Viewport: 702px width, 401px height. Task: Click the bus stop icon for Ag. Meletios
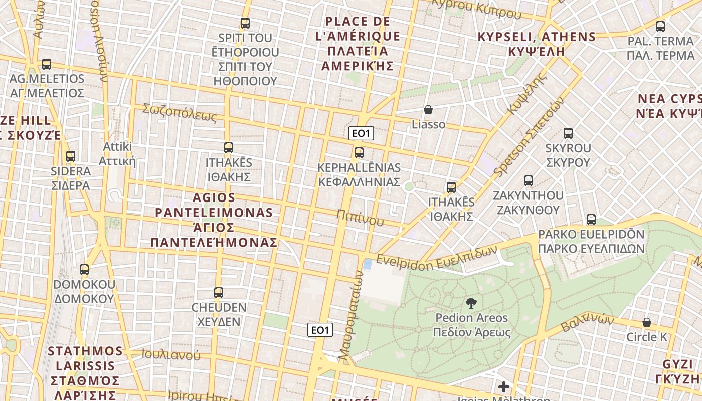[x=47, y=64]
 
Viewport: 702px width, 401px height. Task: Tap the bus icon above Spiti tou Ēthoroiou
[x=245, y=23]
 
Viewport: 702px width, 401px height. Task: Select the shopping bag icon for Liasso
[x=428, y=110]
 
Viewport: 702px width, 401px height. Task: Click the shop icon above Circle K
[x=647, y=322]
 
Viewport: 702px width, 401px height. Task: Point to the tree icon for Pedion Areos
[x=471, y=303]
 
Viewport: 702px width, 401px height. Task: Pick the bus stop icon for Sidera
[x=71, y=156]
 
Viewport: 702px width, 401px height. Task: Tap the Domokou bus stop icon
[x=84, y=270]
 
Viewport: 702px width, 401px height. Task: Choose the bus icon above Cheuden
[x=219, y=293]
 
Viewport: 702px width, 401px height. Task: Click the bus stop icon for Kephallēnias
[x=359, y=153]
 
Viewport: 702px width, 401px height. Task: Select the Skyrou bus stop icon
[x=568, y=133]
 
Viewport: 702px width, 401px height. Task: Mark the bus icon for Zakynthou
[x=528, y=181]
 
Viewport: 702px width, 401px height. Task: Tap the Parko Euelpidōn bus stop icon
[x=591, y=220]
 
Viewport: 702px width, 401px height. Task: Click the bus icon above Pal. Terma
[x=660, y=27]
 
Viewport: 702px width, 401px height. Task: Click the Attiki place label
[x=117, y=154]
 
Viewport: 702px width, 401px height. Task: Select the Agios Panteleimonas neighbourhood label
[x=214, y=220]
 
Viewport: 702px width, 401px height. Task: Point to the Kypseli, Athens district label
[x=537, y=44]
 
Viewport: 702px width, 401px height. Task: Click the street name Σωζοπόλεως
[x=180, y=113]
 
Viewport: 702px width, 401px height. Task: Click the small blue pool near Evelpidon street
[x=368, y=264]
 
